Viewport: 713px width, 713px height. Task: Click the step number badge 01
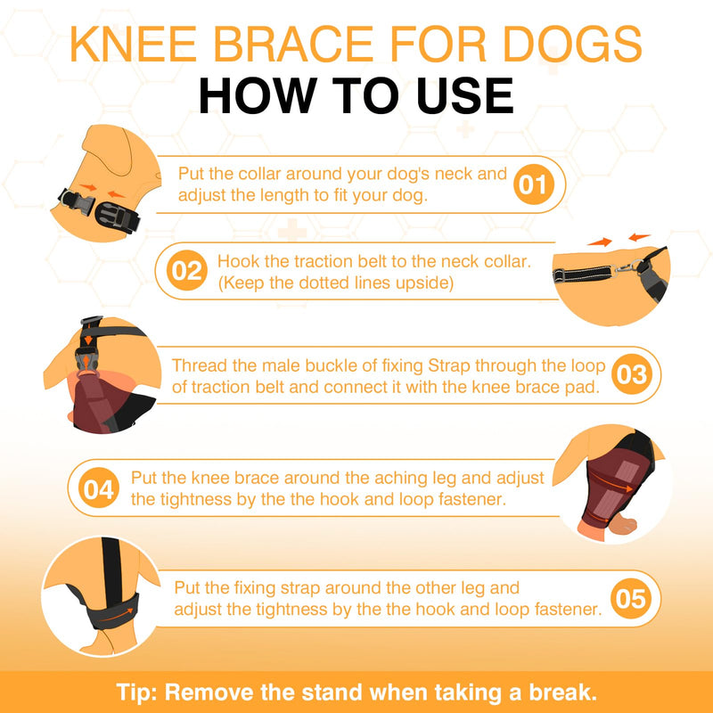(x=534, y=184)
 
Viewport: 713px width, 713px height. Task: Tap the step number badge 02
(x=187, y=270)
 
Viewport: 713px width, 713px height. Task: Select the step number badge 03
(x=630, y=374)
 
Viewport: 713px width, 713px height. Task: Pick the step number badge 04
(x=98, y=488)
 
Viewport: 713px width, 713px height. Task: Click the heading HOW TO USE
(x=356, y=95)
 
